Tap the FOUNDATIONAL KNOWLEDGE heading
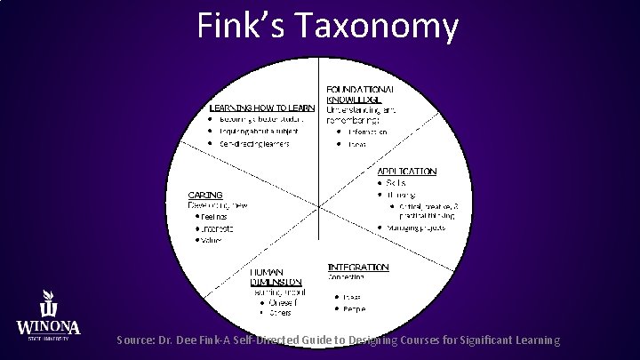pyautogui.click(x=360, y=96)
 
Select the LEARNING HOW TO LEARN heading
pyautogui.click(x=261, y=108)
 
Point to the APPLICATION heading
pyautogui.click(x=407, y=171)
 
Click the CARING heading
pyautogui.click(x=204, y=195)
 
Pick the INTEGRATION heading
pyautogui.click(x=358, y=267)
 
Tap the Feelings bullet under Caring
pyautogui.click(x=213, y=216)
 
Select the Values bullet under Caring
pyautogui.click(x=212, y=239)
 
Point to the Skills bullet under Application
pyautogui.click(x=396, y=182)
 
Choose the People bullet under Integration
pyautogui.click(x=355, y=308)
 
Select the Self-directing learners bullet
pyautogui.click(x=260, y=143)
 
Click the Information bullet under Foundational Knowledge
pyautogui.click(x=367, y=132)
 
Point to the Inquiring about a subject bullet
pyautogui.click(x=259, y=132)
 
